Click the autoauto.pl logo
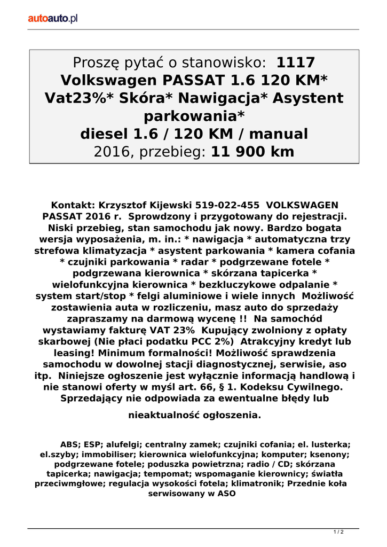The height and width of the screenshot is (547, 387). point(53,19)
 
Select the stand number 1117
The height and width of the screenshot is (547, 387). point(296,62)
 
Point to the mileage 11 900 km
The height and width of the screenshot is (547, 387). point(252,152)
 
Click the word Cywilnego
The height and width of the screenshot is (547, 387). point(313,387)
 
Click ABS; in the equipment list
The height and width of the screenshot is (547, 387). point(70,444)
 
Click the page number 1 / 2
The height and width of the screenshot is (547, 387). point(338,532)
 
